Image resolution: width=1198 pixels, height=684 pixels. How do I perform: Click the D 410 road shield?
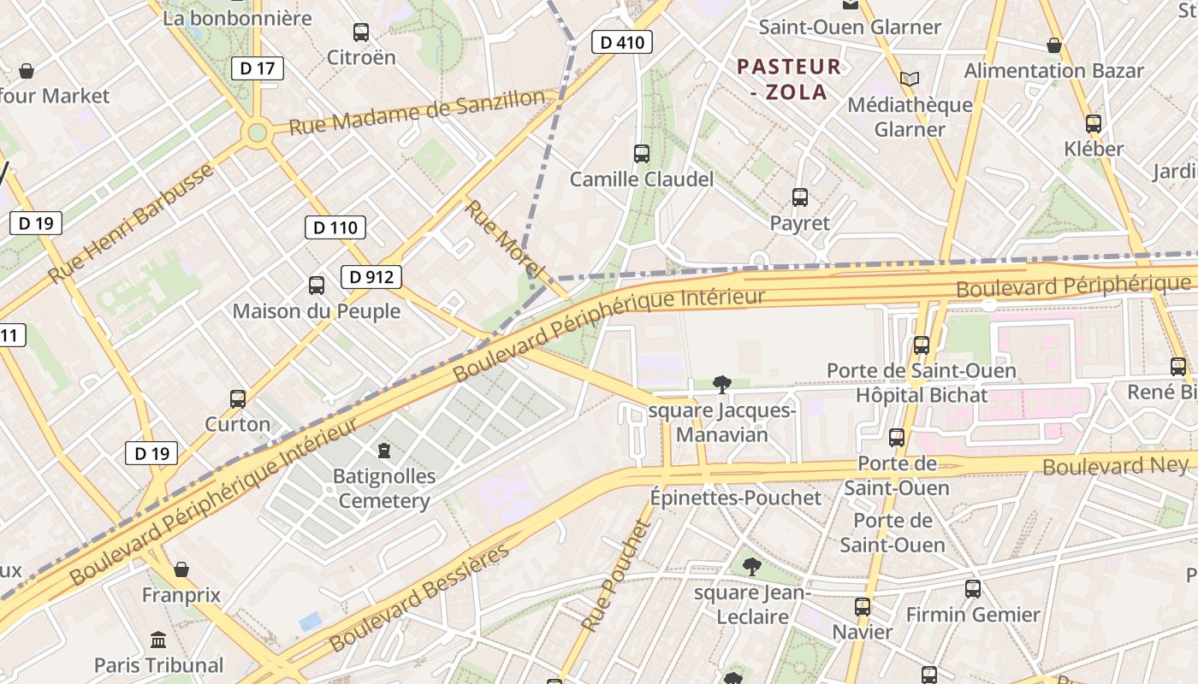coord(622,42)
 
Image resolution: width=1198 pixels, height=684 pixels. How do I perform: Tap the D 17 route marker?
coord(257,68)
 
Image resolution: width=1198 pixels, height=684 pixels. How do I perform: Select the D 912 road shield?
coord(371,277)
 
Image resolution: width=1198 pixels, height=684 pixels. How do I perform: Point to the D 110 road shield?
coord(335,227)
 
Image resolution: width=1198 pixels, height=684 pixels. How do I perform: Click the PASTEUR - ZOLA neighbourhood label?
coord(789,80)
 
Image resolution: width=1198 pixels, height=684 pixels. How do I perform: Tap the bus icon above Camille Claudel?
coord(642,154)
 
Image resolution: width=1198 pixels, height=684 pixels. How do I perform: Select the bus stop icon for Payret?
coord(800,198)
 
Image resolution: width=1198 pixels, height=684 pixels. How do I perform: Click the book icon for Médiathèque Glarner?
coord(909,80)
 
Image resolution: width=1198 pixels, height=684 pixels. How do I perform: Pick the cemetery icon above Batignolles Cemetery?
coord(384,450)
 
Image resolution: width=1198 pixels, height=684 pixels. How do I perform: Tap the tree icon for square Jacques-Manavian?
coord(722,385)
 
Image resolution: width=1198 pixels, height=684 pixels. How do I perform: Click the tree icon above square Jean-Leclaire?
coord(751,566)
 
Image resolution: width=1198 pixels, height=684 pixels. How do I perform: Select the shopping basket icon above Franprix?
coord(181,569)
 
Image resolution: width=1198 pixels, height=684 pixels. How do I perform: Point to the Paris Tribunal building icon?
coord(158,640)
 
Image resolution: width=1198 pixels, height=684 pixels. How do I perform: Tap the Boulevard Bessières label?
coord(419,597)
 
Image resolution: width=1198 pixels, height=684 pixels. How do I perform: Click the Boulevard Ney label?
coord(1115,466)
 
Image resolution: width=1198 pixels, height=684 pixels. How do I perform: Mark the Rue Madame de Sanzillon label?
coord(417,113)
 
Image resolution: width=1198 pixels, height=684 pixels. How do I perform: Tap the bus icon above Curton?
coord(238,399)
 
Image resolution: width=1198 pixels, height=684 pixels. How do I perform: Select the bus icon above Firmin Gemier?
coord(973,589)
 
